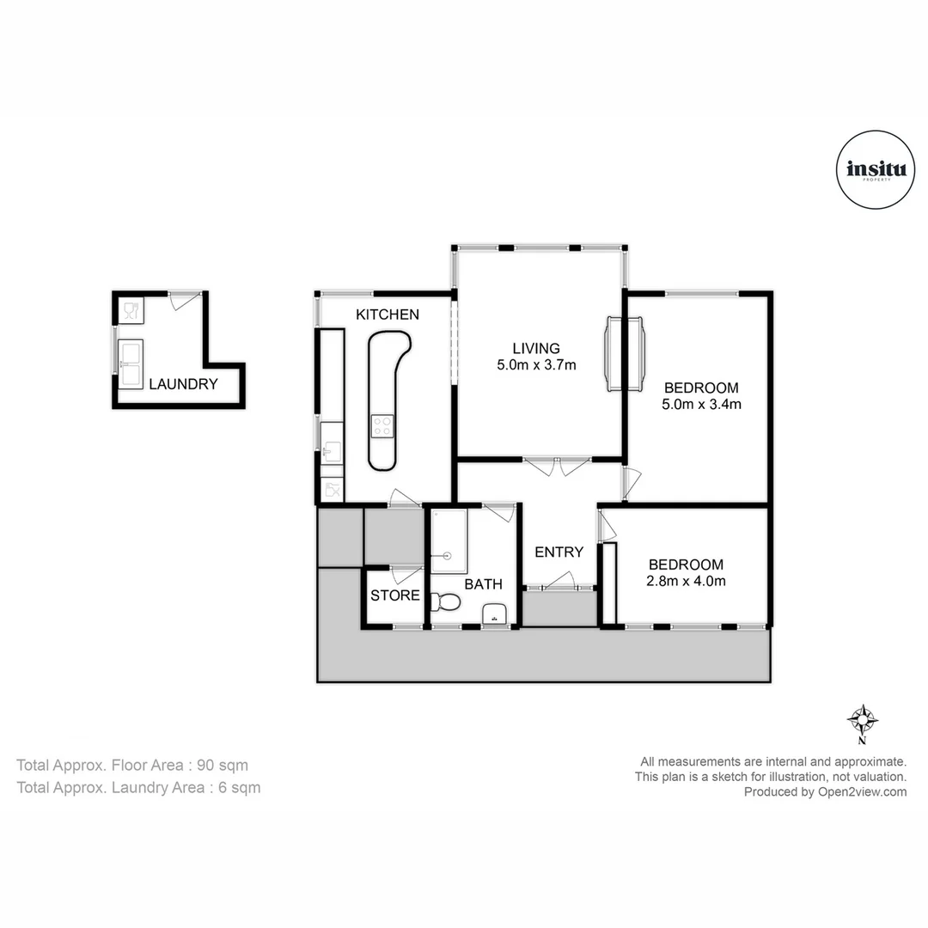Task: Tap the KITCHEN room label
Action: click(388, 314)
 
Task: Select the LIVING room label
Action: click(536, 348)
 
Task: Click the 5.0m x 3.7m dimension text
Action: click(536, 365)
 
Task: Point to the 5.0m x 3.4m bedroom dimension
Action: click(701, 404)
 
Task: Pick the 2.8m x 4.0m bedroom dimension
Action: click(687, 582)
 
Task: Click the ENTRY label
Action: click(559, 553)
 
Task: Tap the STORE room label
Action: click(395, 595)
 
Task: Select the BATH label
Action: click(484, 584)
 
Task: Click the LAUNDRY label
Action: click(183, 384)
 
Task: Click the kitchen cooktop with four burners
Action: click(382, 424)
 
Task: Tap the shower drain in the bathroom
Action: click(448, 555)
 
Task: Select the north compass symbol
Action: click(861, 718)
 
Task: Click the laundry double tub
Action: click(131, 364)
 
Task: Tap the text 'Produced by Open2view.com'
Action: click(825, 792)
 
